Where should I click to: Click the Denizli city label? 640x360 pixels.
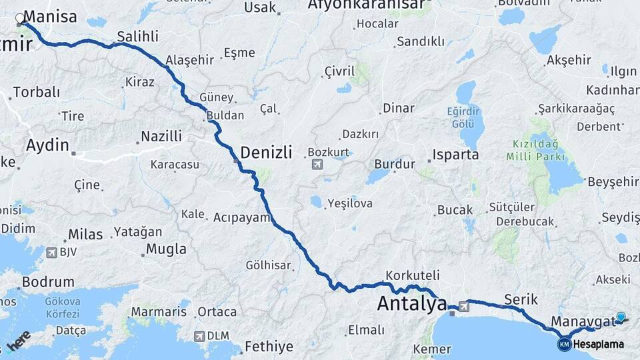click(x=266, y=153)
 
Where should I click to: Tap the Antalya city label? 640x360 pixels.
click(x=411, y=304)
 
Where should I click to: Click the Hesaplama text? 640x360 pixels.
click(x=599, y=345)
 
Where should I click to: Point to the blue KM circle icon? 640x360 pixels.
click(x=564, y=345)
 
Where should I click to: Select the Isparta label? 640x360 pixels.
click(x=455, y=155)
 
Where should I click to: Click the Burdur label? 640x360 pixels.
click(x=395, y=164)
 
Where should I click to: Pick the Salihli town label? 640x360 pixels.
click(x=137, y=36)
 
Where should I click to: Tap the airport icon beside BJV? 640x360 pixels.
click(x=51, y=252)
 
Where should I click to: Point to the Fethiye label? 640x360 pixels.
click(x=269, y=347)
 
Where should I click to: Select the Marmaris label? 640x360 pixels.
click(x=155, y=312)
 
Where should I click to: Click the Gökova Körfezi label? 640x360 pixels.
click(x=62, y=307)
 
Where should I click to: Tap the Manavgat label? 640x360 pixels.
click(x=584, y=322)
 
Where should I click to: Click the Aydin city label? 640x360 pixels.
click(x=47, y=145)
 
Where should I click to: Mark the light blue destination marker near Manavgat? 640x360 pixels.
click(x=621, y=317)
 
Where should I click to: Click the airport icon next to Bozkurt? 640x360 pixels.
click(x=316, y=164)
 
